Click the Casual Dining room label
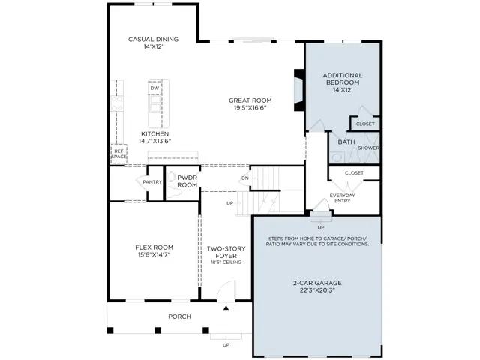point(153,39)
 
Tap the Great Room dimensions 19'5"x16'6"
point(250,108)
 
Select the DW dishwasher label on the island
point(155,88)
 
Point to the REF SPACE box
point(118,154)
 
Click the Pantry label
point(152,182)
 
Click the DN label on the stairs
point(245,178)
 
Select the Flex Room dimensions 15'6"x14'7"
point(154,255)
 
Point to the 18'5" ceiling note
point(226,262)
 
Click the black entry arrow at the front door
point(226,307)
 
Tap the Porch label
point(179,316)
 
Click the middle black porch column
point(158,330)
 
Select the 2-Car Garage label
point(317,283)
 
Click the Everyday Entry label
point(342,198)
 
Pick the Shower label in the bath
point(368,148)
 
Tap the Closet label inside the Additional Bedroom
point(365,124)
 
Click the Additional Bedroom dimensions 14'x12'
point(343,90)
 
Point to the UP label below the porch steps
point(226,345)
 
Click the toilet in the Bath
point(337,157)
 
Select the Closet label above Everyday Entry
point(354,173)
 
